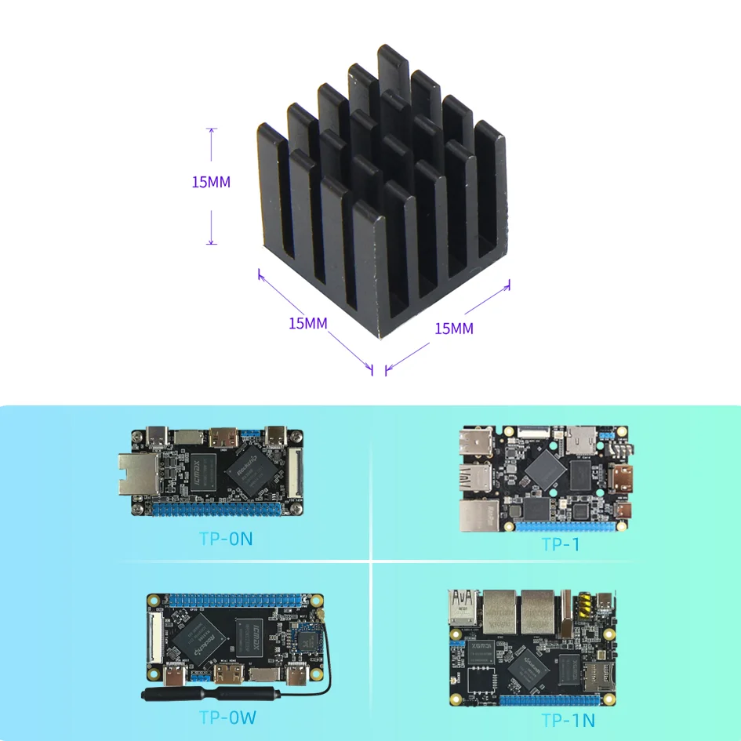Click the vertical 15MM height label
tap(211, 182)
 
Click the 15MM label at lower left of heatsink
tap(308, 324)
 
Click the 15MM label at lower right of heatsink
tap(454, 329)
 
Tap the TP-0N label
tap(226, 539)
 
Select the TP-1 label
tap(560, 544)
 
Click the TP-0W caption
tap(227, 717)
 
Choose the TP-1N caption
tap(568, 721)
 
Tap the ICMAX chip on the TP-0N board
tap(203, 473)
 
